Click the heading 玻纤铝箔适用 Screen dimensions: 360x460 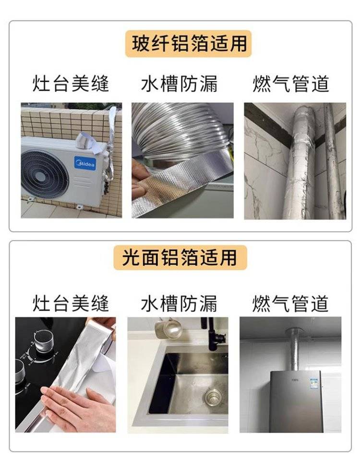[189, 43]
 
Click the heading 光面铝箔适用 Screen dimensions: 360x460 [180, 257]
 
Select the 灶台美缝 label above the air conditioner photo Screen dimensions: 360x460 [71, 84]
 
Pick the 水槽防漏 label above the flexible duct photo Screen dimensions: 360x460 [180, 84]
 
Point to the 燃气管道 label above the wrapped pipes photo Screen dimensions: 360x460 [291, 84]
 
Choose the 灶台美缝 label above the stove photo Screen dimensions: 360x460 [71, 303]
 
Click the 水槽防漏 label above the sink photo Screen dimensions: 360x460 [180, 303]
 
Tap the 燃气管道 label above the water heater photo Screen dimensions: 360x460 [290, 303]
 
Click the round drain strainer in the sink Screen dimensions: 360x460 [213, 397]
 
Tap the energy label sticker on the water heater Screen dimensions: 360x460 [313, 383]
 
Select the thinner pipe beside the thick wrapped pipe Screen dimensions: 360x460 [334, 161]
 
